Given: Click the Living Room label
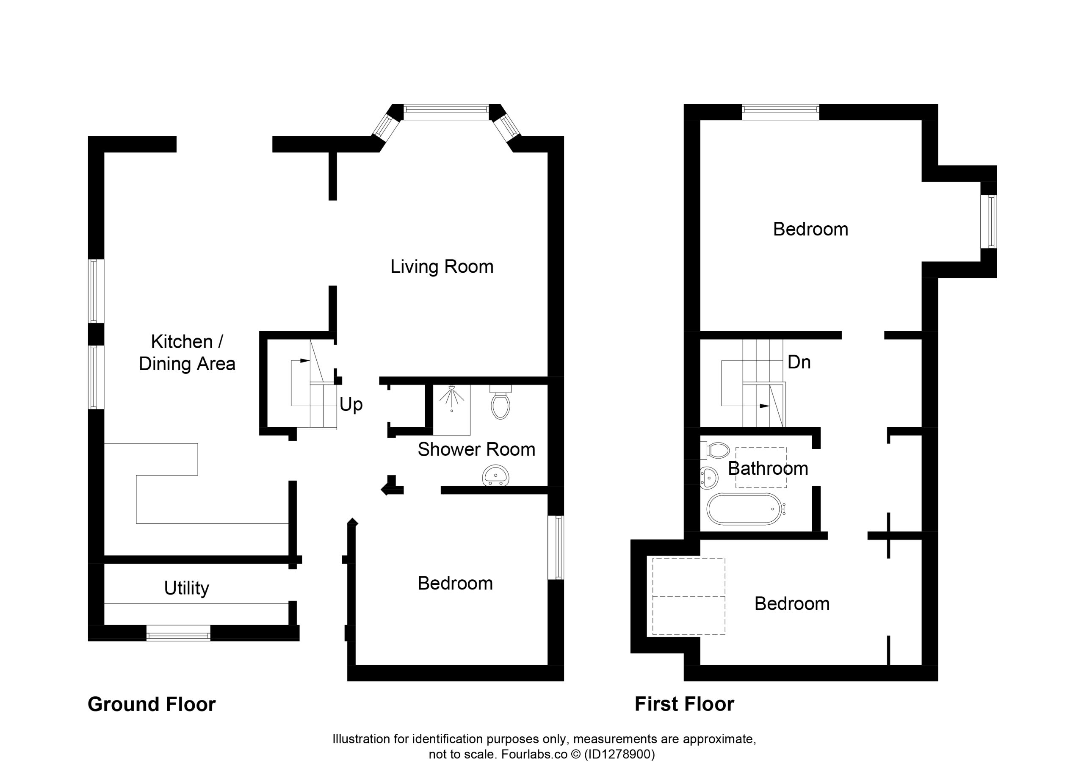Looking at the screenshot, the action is (442, 267).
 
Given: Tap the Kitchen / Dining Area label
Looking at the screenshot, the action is (187, 353).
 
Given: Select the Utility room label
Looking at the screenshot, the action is (186, 588).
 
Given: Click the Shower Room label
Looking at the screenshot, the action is (476, 449).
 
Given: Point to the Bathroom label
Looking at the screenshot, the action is (768, 468).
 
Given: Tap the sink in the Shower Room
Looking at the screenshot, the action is (496, 475).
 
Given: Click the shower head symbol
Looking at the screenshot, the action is (451, 398).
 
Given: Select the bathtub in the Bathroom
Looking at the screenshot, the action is (746, 509).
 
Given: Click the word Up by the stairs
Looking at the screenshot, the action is (351, 405).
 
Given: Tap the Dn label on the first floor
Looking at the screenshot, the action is (799, 362).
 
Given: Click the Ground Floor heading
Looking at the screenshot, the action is (152, 705).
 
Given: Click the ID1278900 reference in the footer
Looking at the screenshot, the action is (619, 754).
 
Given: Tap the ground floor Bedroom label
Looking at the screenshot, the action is (455, 583).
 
